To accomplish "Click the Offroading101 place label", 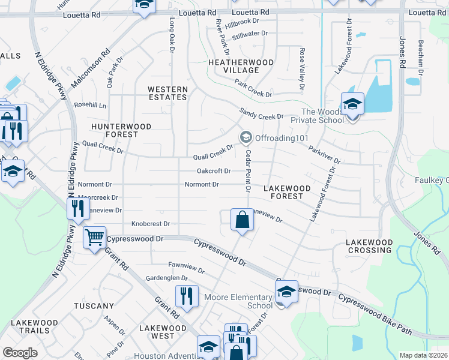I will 282,138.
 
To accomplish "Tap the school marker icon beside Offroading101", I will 245,138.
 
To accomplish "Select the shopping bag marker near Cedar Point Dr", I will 242,220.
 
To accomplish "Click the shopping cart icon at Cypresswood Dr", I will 94,238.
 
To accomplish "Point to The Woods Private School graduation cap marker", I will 352,104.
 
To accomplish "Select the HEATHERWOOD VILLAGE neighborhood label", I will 241,66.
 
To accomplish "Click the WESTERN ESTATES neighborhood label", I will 168,93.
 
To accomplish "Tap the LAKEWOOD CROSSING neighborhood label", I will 369,246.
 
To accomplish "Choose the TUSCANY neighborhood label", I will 94,306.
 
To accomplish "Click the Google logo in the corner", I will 20,353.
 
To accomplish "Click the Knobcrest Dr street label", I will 151,223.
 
